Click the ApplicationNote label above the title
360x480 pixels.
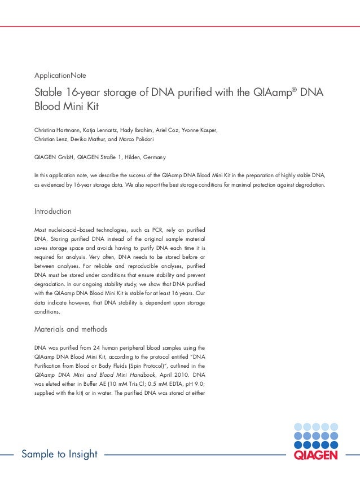pyautogui.click(x=60, y=75)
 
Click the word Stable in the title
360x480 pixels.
pyautogui.click(x=49, y=93)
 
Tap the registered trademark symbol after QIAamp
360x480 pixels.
pyautogui.click(x=295, y=89)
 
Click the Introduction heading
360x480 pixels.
pyautogui.click(x=53, y=212)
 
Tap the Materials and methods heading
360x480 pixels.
pyautogui.click(x=71, y=329)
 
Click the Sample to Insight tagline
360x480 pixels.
pyautogui.click(x=59, y=454)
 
